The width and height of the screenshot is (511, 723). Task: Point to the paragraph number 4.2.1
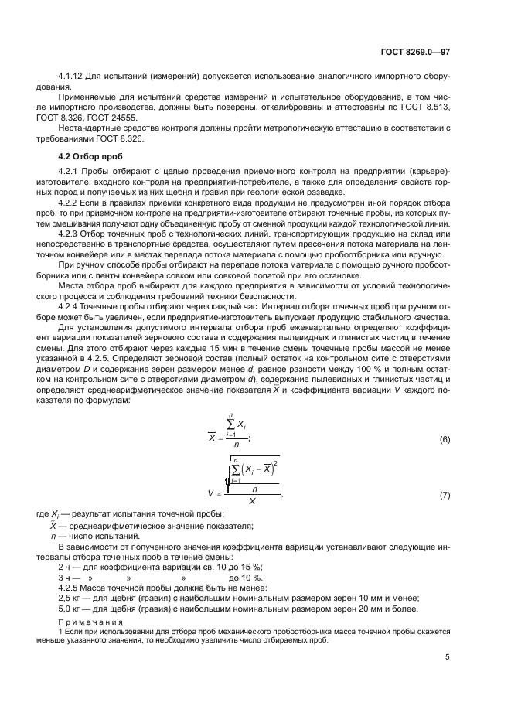pyautogui.click(x=71, y=171)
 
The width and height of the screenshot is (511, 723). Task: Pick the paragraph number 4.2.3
pyautogui.click(x=71, y=231)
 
